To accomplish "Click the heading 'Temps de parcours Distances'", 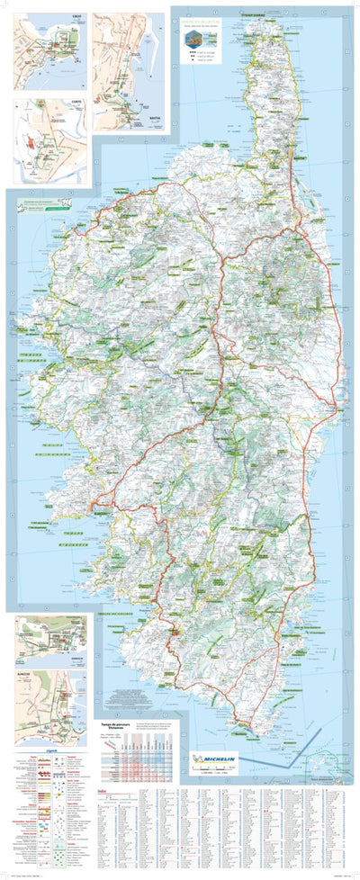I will [x=112, y=725].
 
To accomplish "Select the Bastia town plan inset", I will [x=130, y=73].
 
